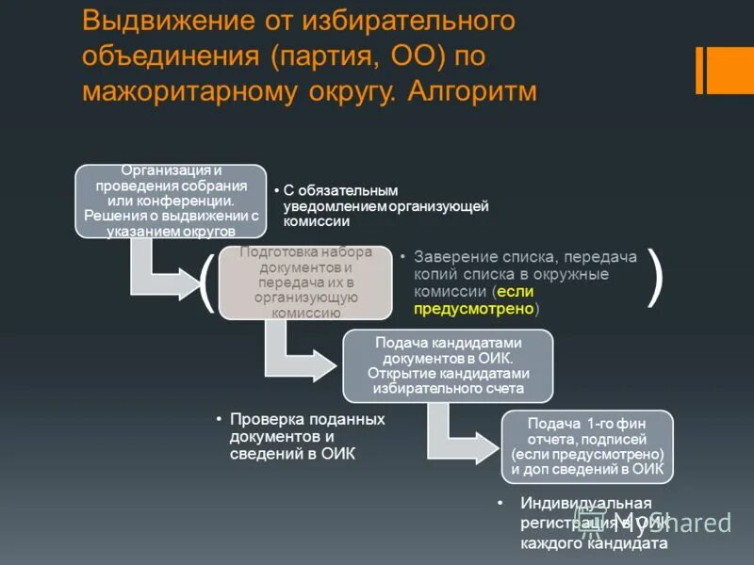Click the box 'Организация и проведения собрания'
[x=171, y=201]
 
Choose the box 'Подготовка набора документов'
[x=306, y=282]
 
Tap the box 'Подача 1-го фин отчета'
[x=588, y=446]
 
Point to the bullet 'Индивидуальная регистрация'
[x=585, y=523]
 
